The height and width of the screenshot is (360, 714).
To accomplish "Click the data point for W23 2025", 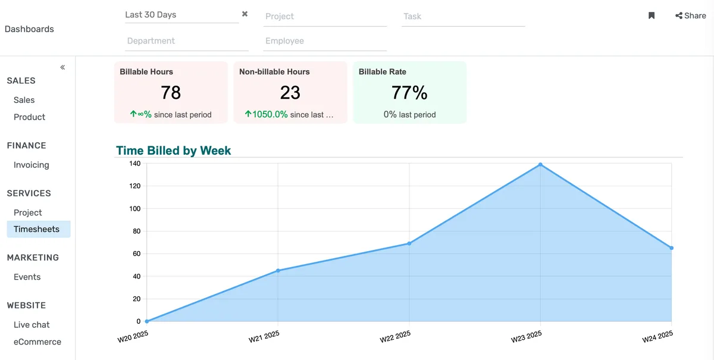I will tap(540, 165).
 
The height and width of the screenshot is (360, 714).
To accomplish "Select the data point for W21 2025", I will tap(278, 271).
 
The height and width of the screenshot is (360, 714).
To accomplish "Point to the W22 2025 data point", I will tap(409, 243).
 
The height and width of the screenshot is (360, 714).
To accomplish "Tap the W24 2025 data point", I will tap(671, 248).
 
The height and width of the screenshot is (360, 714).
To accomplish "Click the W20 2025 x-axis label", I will tap(133, 337).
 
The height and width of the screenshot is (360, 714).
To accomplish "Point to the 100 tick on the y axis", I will tap(134, 209).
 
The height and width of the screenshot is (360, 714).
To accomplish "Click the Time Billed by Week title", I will tap(173, 151).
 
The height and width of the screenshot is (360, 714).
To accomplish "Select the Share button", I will tap(691, 16).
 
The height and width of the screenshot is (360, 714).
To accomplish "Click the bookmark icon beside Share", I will tap(652, 16).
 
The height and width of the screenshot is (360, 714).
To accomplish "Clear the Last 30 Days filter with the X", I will tap(245, 14).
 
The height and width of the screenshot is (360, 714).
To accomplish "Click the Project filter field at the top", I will tap(325, 17).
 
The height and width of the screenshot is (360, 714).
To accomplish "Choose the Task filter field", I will tap(463, 17).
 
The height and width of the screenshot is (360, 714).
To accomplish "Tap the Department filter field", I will tap(187, 41).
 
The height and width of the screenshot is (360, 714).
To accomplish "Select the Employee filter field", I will tap(325, 41).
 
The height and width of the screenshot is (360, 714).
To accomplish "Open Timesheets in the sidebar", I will tap(37, 229).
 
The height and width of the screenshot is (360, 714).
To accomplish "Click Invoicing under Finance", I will tap(32, 165).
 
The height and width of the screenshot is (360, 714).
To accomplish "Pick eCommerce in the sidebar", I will tap(37, 342).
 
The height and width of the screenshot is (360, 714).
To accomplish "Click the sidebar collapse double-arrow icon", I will tap(62, 67).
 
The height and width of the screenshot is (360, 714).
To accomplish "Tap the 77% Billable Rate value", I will tap(409, 93).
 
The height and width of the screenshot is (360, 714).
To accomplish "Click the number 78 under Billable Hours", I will tap(171, 93).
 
